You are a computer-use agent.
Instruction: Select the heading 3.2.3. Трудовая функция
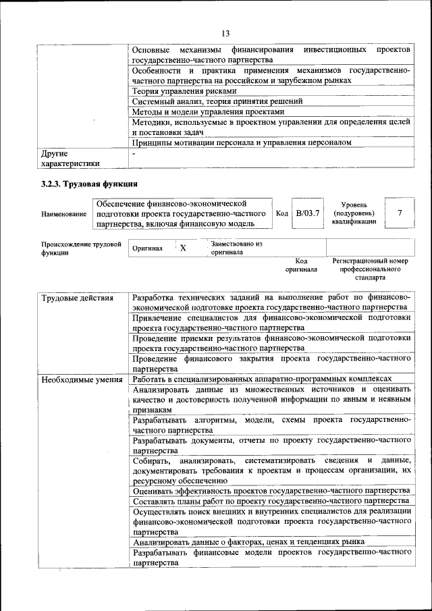89,184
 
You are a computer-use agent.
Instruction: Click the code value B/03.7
308,213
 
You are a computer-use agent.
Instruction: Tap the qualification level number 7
400,213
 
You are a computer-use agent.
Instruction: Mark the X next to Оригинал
182,248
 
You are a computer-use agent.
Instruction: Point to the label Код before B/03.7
282,213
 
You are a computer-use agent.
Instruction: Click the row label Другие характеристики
70,158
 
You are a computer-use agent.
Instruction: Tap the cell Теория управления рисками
184,90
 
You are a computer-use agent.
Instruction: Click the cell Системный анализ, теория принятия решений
217,101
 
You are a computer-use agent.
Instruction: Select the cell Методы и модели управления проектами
205,111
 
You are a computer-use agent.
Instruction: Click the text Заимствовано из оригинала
236,248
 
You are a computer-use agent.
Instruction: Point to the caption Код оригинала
300,265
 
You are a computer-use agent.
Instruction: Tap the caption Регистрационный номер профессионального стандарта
370,269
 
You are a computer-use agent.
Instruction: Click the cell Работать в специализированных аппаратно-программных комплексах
262,379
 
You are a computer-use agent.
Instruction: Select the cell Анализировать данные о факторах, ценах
249,541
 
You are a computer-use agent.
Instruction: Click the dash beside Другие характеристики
134,154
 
